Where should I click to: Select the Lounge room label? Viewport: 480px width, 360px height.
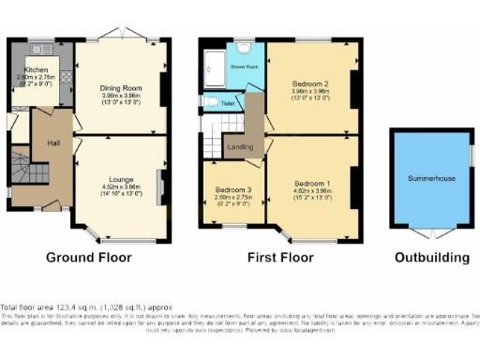point(120,179)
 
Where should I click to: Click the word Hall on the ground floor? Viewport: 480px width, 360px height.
point(55,143)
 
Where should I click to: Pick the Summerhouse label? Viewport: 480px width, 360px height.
point(431,176)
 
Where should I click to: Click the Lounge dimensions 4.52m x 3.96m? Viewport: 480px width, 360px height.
point(120,187)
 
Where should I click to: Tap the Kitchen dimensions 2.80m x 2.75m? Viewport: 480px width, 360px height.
point(37,78)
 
